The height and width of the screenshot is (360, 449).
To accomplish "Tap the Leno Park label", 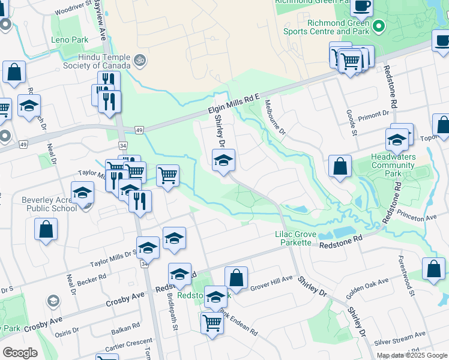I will tap(70, 40).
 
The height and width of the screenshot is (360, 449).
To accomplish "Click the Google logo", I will tap(20, 353).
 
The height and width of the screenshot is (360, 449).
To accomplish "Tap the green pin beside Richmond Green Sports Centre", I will tap(379, 26).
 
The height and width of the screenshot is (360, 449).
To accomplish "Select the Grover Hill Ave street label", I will tap(271, 280).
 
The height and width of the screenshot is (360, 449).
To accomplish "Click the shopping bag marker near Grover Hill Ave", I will tap(237, 278).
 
